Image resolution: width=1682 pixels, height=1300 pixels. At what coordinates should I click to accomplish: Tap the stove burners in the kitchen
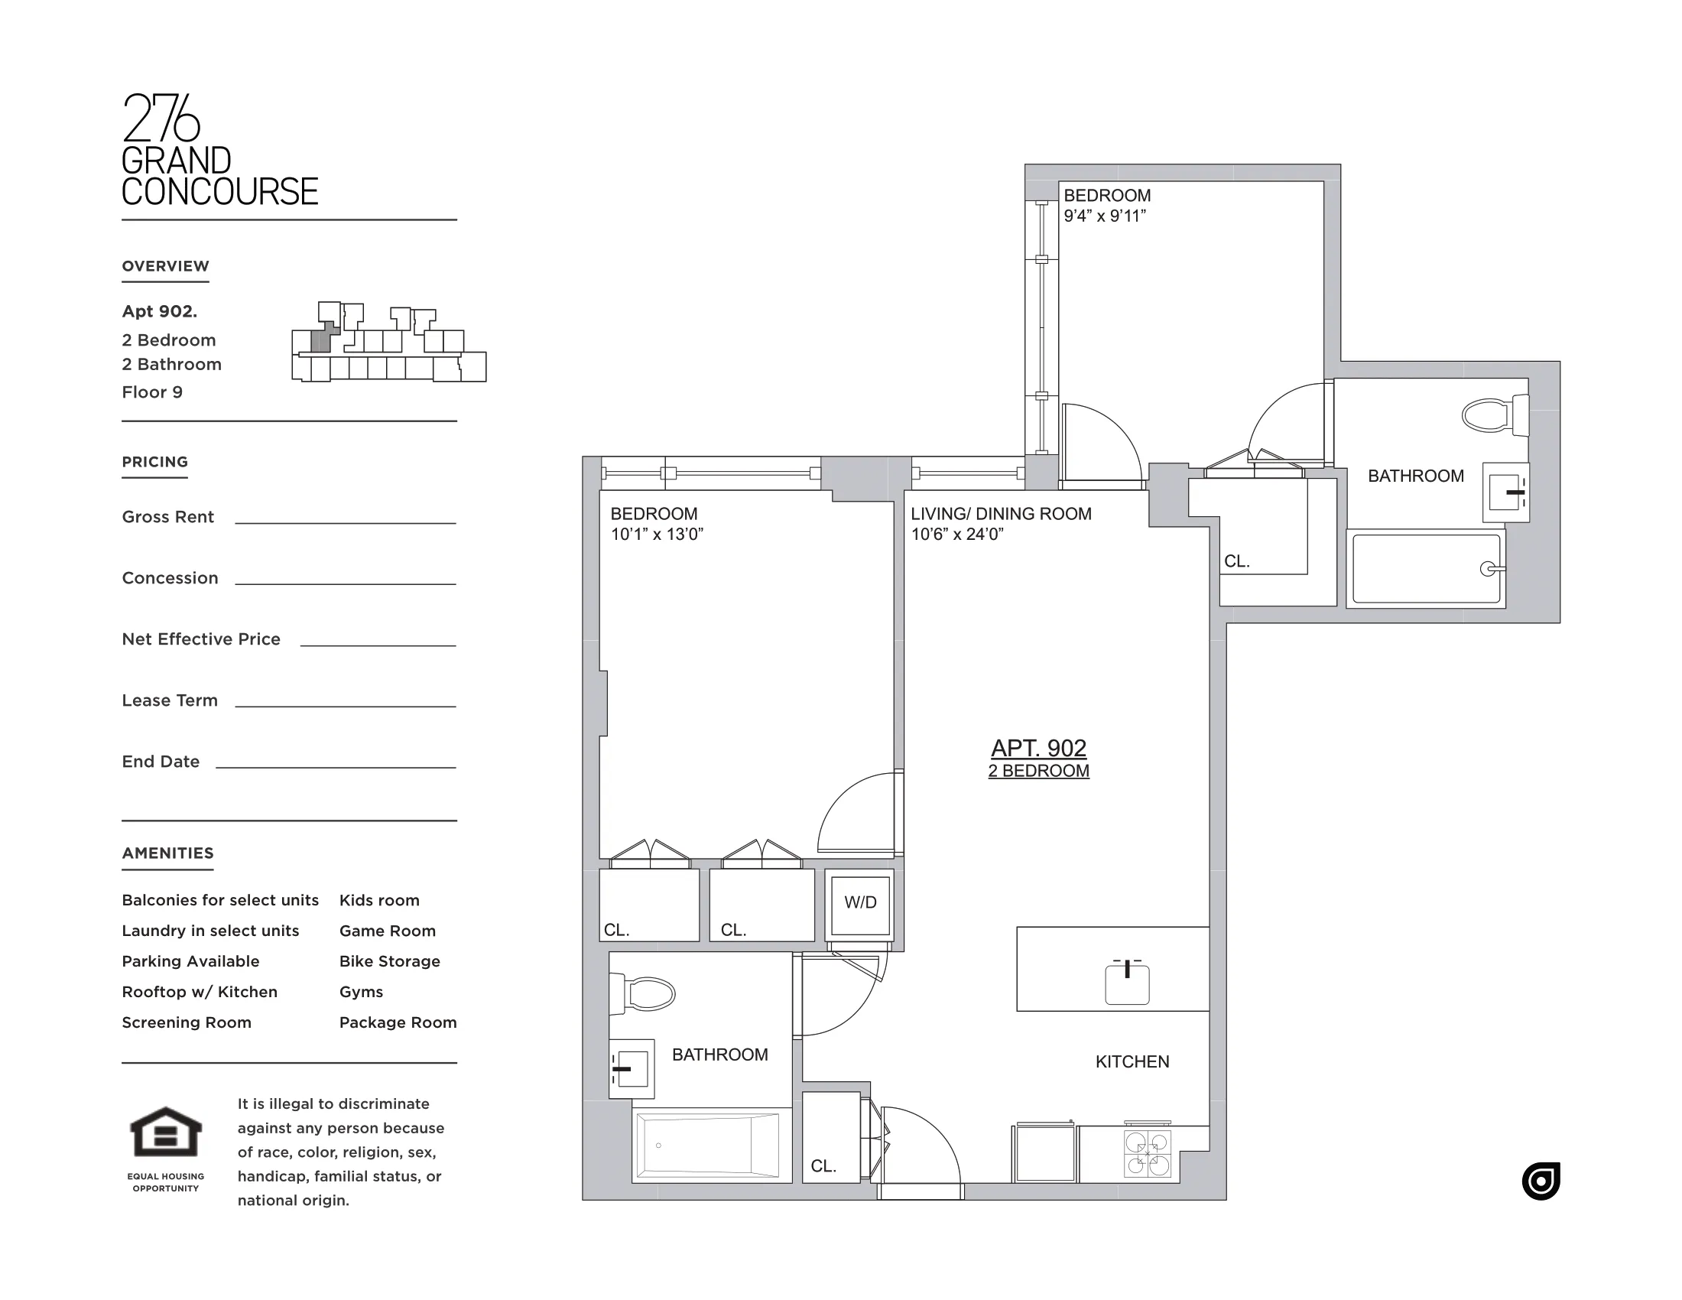1148,1154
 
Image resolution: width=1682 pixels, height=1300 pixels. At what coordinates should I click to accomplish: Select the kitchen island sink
1127,983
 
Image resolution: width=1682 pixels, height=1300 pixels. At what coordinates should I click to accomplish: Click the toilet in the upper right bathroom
1493,415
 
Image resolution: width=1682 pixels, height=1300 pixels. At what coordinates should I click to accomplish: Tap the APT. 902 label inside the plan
1038,748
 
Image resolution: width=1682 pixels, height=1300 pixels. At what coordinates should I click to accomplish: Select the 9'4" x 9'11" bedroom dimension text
1105,216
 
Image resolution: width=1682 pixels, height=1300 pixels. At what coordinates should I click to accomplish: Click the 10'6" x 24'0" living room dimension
956,535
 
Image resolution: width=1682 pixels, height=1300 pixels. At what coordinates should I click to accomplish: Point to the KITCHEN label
1132,1061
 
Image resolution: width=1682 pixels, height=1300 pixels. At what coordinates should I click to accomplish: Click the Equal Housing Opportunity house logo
166,1131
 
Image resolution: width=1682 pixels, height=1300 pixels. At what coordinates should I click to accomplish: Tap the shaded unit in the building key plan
322,340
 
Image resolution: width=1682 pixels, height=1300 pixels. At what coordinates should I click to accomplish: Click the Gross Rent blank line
345,522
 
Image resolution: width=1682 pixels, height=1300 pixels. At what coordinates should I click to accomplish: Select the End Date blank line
336,766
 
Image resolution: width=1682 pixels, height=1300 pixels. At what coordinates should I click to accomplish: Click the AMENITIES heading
168,853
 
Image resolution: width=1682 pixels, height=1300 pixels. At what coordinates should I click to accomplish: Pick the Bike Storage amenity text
390,961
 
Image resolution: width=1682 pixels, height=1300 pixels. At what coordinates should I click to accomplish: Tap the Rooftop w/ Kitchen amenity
200,992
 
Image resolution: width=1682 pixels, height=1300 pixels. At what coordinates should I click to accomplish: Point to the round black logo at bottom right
1541,1181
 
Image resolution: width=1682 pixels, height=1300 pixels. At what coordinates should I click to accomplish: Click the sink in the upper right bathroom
1505,492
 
